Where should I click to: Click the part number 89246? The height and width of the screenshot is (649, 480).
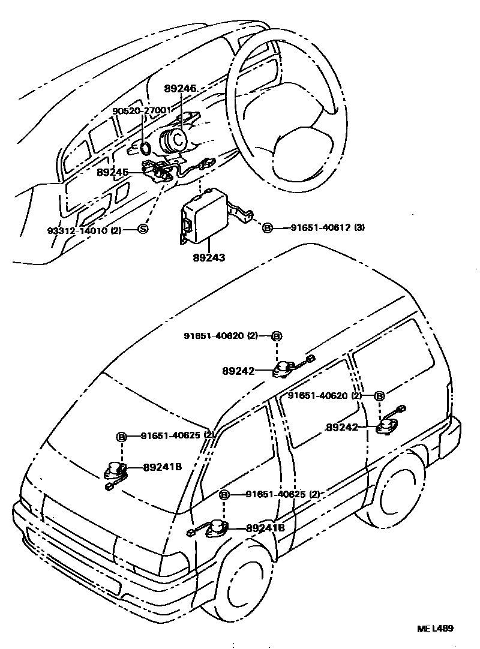[x=180, y=88]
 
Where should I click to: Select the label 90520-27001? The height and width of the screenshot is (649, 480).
[x=142, y=110]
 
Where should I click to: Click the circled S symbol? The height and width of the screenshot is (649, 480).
[x=143, y=229]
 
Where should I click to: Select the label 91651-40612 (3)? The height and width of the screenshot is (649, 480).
[x=328, y=227]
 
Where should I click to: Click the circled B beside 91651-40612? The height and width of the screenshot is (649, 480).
[x=268, y=227]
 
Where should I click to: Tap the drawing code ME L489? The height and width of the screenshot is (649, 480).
[x=435, y=629]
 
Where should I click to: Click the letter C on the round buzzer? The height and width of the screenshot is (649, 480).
[x=178, y=139]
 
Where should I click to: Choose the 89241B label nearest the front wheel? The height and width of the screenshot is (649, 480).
[x=265, y=528]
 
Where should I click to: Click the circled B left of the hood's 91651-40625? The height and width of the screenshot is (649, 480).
[x=121, y=437]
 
